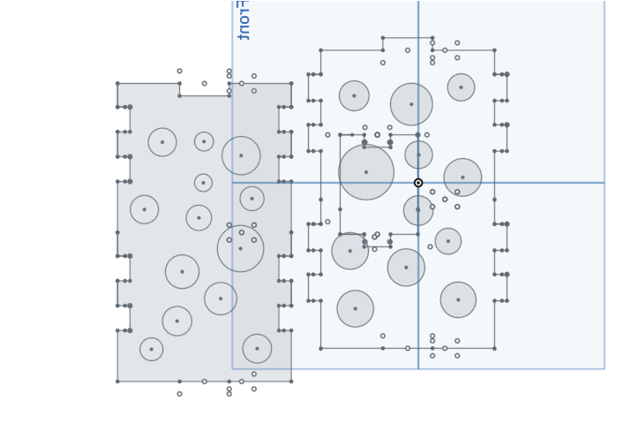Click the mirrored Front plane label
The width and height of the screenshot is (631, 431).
click(x=244, y=19)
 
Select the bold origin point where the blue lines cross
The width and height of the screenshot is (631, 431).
click(x=418, y=183)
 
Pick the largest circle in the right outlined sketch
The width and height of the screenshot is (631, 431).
click(x=366, y=172)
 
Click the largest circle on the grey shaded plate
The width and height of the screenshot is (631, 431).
click(x=240, y=248)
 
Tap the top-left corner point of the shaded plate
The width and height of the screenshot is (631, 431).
click(x=117, y=84)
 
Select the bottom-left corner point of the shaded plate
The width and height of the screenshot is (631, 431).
click(x=117, y=382)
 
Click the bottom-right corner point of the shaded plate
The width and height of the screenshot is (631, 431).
click(x=291, y=382)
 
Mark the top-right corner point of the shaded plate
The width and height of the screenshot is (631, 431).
click(x=291, y=84)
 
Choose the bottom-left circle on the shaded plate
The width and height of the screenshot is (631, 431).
click(x=151, y=349)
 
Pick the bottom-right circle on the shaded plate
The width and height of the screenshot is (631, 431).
click(x=257, y=348)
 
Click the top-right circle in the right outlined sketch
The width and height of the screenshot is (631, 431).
click(x=461, y=87)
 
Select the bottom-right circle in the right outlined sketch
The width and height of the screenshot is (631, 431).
click(x=458, y=299)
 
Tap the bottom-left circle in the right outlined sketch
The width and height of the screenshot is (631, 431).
click(x=355, y=308)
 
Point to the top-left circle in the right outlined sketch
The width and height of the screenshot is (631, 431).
click(x=354, y=95)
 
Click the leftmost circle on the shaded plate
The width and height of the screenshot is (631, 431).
click(x=144, y=209)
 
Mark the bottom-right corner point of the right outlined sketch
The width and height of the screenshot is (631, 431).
click(x=494, y=348)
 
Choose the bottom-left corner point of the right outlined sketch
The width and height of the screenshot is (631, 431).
click(x=320, y=348)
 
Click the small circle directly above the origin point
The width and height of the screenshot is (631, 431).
click(x=418, y=155)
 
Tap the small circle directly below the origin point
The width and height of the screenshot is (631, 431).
click(x=418, y=210)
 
